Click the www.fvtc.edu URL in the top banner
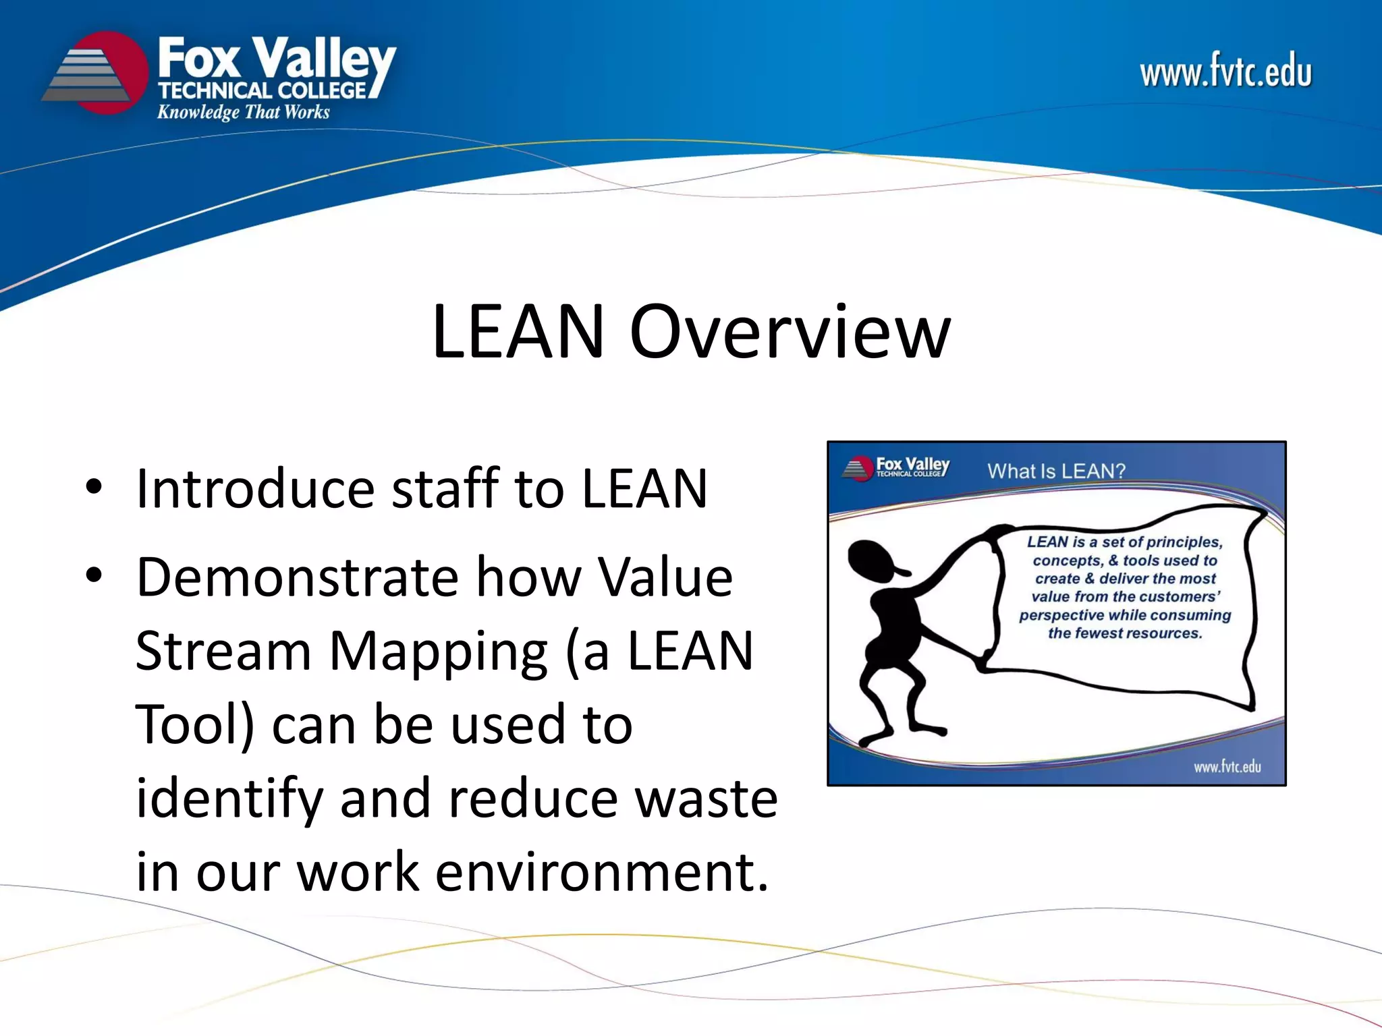1225,71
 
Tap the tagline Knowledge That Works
243,112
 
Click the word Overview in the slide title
790,332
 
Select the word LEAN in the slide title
518,332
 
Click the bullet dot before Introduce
94,487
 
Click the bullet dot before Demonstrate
94,576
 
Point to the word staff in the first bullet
445,488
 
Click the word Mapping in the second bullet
439,652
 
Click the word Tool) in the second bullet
195,725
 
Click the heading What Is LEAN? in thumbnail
1056,471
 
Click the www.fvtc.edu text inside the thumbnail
1227,767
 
